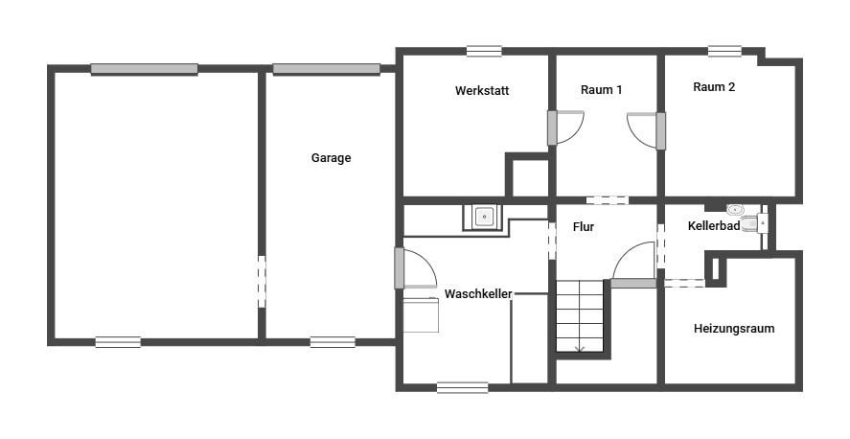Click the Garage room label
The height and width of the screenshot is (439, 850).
point(331,158)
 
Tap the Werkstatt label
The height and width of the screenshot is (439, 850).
point(482,90)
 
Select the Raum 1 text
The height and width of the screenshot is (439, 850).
point(601,90)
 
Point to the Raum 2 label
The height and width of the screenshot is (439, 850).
point(714,86)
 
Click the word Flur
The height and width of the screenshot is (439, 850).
point(584,227)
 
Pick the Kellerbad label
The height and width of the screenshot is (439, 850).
point(714,226)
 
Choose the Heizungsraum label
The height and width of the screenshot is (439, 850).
point(734,329)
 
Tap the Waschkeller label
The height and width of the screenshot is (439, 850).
point(478,294)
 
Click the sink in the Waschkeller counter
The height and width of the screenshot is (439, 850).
point(482,218)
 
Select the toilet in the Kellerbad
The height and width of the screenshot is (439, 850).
point(754,223)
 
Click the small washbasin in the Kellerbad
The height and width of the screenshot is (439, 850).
point(735,209)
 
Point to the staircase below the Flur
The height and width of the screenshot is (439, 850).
point(580,316)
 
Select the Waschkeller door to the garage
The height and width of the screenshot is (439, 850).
point(416,268)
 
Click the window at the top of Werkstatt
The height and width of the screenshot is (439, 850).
point(484,52)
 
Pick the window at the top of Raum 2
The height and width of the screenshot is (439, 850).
point(724,52)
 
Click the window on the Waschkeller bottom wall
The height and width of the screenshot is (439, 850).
point(463,387)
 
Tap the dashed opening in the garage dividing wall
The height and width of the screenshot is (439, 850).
point(262,282)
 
